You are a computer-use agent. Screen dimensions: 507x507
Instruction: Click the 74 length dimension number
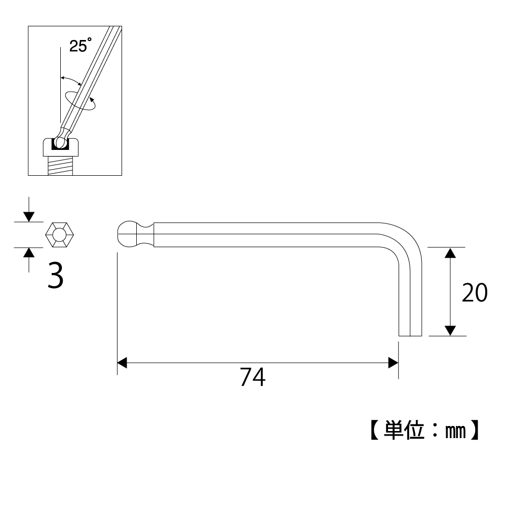pos(253,377)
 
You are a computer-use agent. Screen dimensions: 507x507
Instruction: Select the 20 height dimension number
pos(475,293)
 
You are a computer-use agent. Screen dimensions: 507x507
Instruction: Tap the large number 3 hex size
pos(55,275)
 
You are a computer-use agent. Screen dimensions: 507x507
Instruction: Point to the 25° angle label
pos(81,45)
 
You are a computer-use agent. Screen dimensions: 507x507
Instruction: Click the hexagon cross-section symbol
pos(59,235)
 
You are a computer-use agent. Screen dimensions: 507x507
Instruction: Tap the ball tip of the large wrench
pos(127,235)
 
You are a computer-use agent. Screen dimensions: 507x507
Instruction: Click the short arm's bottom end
pos(410,336)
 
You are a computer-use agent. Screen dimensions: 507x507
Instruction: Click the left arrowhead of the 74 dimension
pos(122,363)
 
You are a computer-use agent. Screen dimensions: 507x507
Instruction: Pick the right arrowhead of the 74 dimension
pos(393,363)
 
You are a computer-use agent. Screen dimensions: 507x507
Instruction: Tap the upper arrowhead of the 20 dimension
pos(450,253)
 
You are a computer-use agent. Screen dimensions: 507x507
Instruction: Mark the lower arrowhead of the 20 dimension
pos(450,330)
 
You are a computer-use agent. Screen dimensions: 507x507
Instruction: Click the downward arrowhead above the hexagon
pos(29,217)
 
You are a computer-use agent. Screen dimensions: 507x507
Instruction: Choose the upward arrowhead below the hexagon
pos(29,253)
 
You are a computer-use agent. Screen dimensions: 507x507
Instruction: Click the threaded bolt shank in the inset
pos(60,166)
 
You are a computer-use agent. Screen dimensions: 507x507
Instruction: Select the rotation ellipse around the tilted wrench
pos(80,101)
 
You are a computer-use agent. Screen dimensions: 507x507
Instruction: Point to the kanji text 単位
pos(404,431)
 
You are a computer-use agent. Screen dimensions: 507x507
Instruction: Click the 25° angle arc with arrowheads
pos(71,80)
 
